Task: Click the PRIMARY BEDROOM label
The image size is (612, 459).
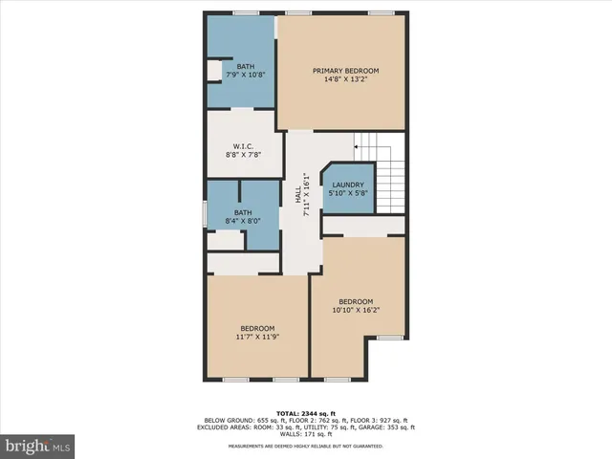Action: (345, 71)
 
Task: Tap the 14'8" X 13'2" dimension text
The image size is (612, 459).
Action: (345, 80)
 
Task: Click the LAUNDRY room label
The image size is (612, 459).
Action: (348, 186)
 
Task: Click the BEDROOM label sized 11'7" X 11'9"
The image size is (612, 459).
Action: (257, 328)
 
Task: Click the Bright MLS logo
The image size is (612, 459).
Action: (38, 445)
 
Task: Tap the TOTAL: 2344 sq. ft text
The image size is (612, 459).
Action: (306, 411)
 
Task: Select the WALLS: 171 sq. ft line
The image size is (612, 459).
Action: (306, 434)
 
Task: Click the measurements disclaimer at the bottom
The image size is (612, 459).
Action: (306, 447)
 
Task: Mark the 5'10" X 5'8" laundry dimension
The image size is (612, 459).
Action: (348, 194)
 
